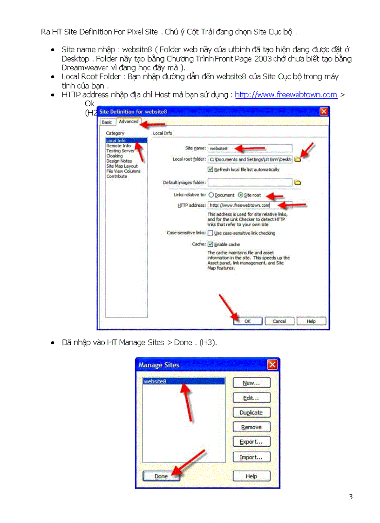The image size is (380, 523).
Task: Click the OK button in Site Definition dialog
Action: tap(247, 321)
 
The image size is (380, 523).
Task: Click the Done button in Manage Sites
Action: tap(161, 476)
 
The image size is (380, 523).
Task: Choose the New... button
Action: tap(251, 383)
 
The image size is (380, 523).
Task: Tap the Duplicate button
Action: tap(251, 413)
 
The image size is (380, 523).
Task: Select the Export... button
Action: tap(251, 442)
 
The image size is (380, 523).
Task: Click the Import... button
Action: tap(251, 457)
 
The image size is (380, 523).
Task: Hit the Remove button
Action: tap(251, 427)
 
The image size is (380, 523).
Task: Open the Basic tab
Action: tap(107, 122)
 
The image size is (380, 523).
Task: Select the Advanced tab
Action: tap(129, 122)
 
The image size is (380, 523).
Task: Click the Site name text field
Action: tap(250, 149)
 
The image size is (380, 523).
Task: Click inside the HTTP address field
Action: tap(250, 205)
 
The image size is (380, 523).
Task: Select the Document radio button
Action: tap(211, 195)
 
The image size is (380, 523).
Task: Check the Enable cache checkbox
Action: tap(210, 245)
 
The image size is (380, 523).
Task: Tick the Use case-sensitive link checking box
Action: tap(210, 233)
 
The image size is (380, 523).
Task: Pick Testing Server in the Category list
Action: tap(120, 151)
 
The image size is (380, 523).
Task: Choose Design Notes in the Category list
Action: tap(119, 161)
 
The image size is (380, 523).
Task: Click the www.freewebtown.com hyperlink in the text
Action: tap(285, 95)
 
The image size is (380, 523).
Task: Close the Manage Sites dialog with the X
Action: tap(272, 365)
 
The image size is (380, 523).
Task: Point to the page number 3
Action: tap(351, 497)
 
